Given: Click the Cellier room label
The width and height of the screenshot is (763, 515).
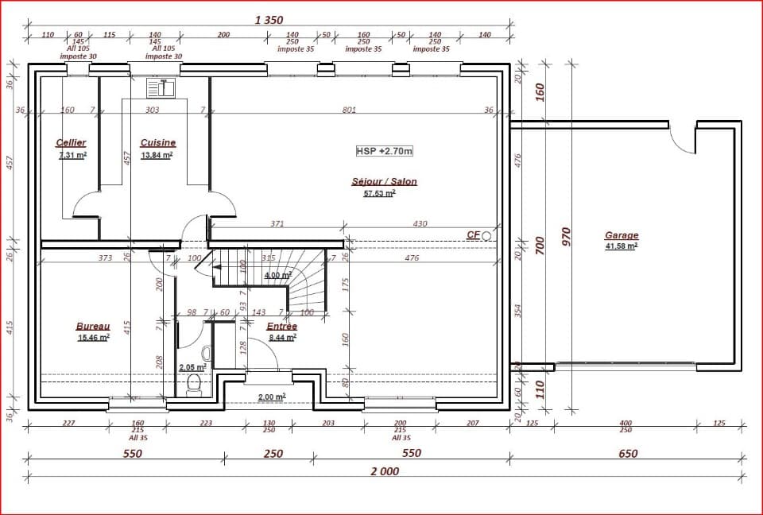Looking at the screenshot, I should pos(71,143).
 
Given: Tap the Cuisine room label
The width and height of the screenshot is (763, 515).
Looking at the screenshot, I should pos(157,143).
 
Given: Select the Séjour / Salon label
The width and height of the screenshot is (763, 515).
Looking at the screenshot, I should pos(384,181).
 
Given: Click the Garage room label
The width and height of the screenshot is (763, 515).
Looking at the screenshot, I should pos(622,235).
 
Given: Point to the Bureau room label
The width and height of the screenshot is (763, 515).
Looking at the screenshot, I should pos(92,326).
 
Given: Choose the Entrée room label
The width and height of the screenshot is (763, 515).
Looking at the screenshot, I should pos(282,326).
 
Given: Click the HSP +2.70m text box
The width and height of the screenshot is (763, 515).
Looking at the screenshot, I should pos(385,150).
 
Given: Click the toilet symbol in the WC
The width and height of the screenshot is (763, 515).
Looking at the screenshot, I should pos(192,386).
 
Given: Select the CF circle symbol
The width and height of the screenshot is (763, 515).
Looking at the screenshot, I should pos(486,236).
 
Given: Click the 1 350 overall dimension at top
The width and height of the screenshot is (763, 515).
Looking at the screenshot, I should pos(269,20).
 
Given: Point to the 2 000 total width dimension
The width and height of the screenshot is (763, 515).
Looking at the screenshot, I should pos(385,471).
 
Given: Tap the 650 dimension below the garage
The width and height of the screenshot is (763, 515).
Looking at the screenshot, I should pos(627,454).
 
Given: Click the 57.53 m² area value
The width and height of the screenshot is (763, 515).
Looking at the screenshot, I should pos(379,193).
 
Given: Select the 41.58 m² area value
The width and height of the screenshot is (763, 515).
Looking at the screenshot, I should pos(622,246).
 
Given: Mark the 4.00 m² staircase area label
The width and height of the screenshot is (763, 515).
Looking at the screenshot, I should pos(277,276).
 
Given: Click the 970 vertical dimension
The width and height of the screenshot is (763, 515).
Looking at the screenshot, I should pos(566,237).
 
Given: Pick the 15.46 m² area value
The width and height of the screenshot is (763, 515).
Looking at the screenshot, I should pos(92,338).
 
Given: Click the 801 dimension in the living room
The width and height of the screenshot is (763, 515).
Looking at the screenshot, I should pos(349,110).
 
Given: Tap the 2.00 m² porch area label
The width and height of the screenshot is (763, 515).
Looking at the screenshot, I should pos(271,397).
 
